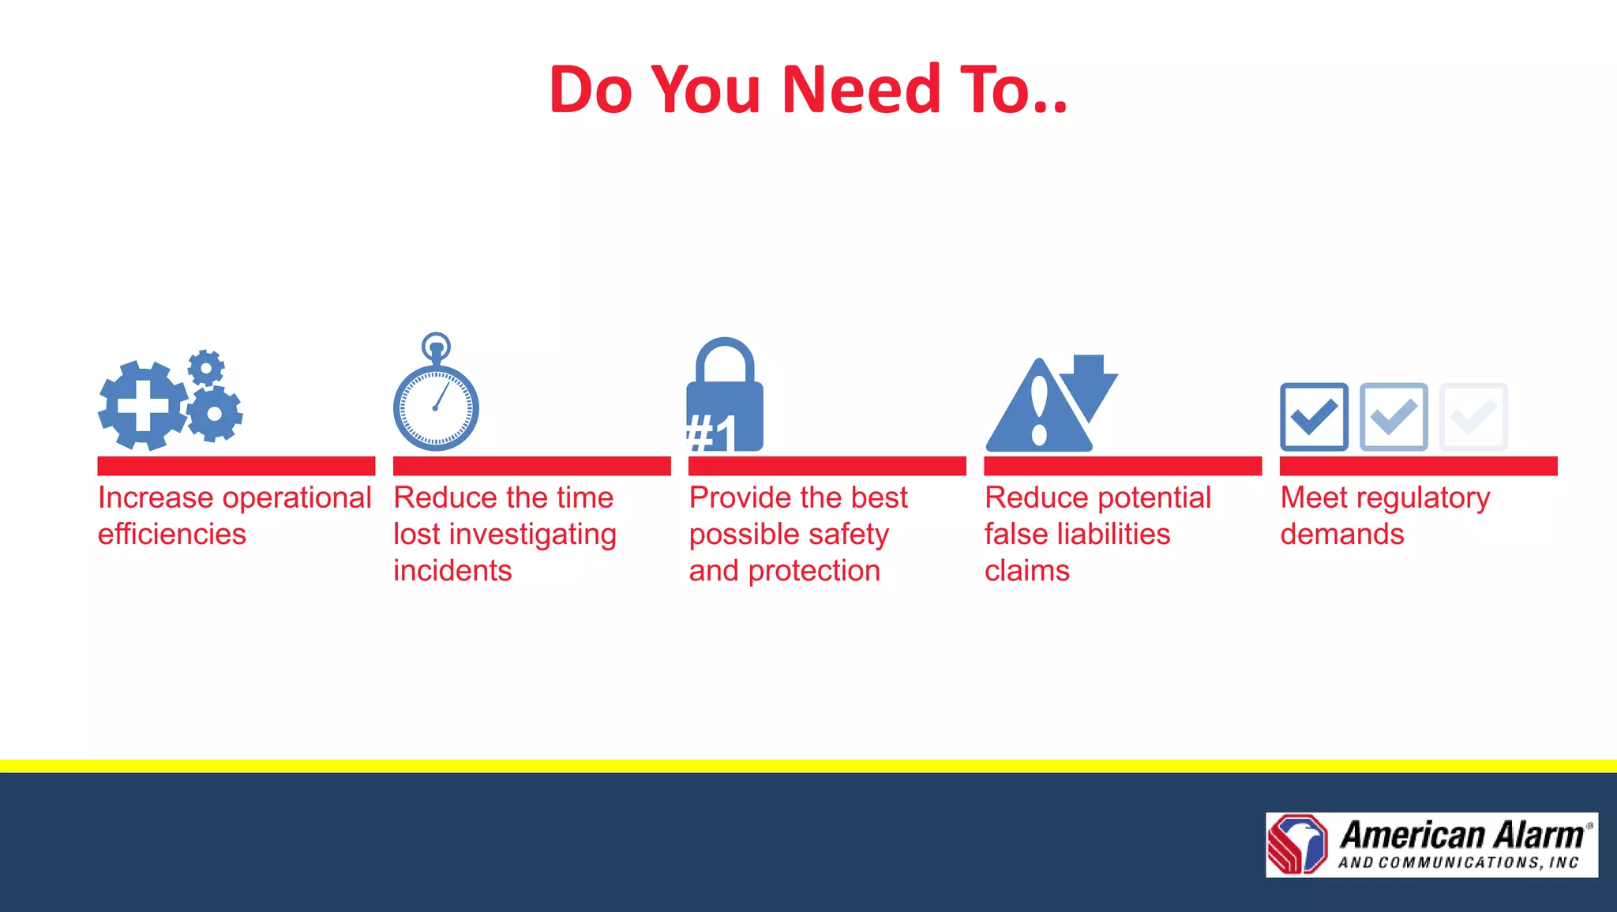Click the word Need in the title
point(861,90)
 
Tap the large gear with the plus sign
point(143,406)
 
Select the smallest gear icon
point(206,367)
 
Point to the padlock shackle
point(725,359)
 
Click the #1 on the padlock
point(711,433)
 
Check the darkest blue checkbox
point(1314,417)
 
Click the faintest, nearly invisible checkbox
point(1473,417)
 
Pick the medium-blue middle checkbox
point(1394,417)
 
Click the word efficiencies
point(172,535)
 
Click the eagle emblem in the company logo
point(1298,844)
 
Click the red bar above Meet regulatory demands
point(1418,466)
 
